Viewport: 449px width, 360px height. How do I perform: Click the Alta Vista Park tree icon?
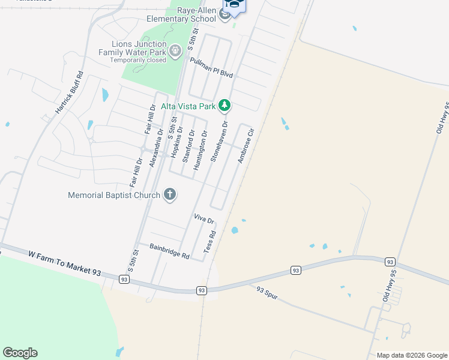224,106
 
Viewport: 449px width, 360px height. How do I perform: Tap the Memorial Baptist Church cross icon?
170,194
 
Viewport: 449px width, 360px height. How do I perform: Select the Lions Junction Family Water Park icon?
175,52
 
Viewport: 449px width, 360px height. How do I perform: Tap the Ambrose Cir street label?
246,146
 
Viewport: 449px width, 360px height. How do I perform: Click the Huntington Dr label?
200,151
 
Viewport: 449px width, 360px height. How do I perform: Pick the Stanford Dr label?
188,146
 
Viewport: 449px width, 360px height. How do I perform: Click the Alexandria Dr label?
157,148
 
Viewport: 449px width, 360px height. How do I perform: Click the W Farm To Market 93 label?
64,263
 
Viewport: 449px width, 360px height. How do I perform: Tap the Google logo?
20,353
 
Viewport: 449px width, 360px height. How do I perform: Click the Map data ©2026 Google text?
411,355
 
